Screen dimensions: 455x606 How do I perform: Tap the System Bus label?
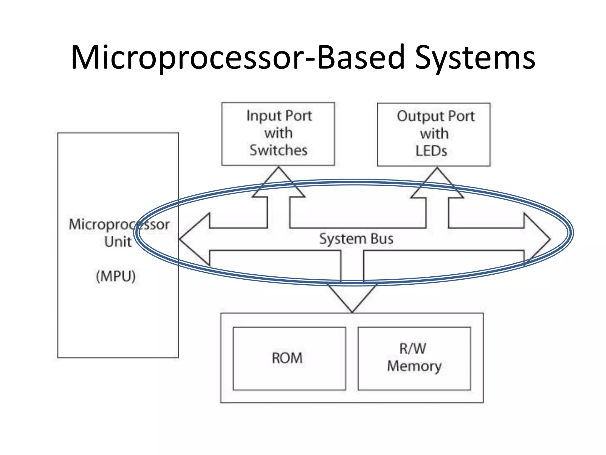pyautogui.click(x=356, y=239)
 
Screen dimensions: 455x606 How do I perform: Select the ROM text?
pyautogui.click(x=287, y=358)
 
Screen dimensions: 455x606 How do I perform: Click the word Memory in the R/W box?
pyautogui.click(x=414, y=366)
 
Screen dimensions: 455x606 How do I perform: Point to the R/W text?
pyautogui.click(x=413, y=348)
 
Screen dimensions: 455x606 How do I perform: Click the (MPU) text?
pyautogui.click(x=116, y=276)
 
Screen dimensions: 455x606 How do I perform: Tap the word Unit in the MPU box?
pyautogui.click(x=118, y=242)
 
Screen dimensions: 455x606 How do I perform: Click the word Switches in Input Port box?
pyautogui.click(x=278, y=150)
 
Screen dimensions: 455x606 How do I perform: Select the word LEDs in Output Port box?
pyautogui.click(x=431, y=151)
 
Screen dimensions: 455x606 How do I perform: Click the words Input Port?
pyautogui.click(x=279, y=116)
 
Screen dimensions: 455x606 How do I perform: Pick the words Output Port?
pyautogui.click(x=436, y=116)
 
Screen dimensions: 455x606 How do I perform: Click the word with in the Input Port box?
pyautogui.click(x=278, y=133)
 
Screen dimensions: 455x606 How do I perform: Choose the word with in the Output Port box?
pyautogui.click(x=434, y=134)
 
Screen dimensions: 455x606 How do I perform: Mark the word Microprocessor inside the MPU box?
pyautogui.click(x=119, y=224)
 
